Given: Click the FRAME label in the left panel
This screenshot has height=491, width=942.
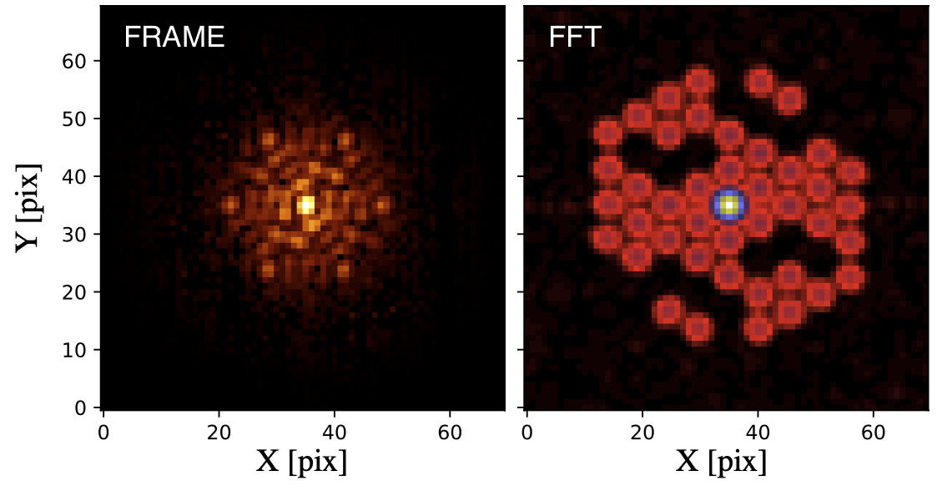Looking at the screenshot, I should (174, 38).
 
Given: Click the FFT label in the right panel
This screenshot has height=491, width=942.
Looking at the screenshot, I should (575, 38).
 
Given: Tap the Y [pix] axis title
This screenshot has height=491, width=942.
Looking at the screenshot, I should (28, 206).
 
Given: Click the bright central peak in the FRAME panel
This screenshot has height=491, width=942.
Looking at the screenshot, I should (306, 205).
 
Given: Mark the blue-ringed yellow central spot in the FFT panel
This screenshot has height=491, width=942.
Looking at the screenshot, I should (729, 205).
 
